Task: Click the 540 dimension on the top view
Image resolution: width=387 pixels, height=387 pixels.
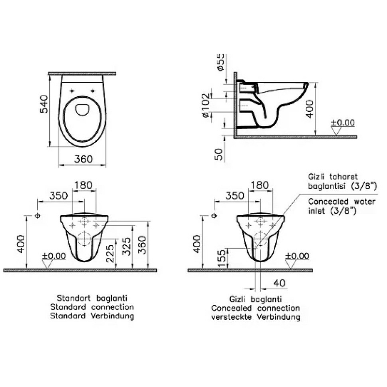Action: click(44, 104)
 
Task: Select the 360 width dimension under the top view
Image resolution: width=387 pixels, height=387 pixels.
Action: click(83, 159)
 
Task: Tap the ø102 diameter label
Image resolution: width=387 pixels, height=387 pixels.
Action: click(206, 105)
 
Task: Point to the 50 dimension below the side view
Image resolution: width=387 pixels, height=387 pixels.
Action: click(218, 154)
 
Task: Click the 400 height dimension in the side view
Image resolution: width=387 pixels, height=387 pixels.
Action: click(310, 109)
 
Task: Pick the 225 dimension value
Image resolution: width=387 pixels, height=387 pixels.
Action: click(110, 253)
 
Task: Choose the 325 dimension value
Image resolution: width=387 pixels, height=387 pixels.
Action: click(126, 246)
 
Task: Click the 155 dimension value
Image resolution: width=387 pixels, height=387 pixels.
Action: click(222, 258)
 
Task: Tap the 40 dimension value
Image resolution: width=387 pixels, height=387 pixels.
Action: click(280, 283)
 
